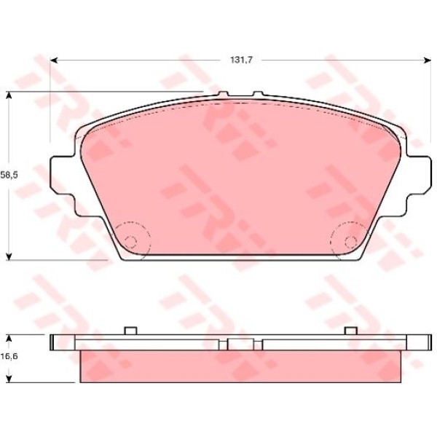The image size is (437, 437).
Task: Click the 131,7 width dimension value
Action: (x=241, y=60)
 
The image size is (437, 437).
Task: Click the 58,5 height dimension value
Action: (x=9, y=175)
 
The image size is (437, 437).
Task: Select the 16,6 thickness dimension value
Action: (x=9, y=356)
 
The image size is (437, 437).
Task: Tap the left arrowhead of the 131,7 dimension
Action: (x=55, y=60)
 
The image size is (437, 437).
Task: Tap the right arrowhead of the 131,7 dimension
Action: (x=427, y=60)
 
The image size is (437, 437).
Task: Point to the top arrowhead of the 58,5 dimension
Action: (x=9, y=96)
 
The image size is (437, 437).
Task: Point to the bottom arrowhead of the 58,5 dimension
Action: (x=9, y=256)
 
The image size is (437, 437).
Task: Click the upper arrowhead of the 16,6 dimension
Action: (x=9, y=339)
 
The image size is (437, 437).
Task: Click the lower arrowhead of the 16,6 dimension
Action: (x=9, y=379)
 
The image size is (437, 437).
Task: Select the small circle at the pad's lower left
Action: (x=130, y=242)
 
